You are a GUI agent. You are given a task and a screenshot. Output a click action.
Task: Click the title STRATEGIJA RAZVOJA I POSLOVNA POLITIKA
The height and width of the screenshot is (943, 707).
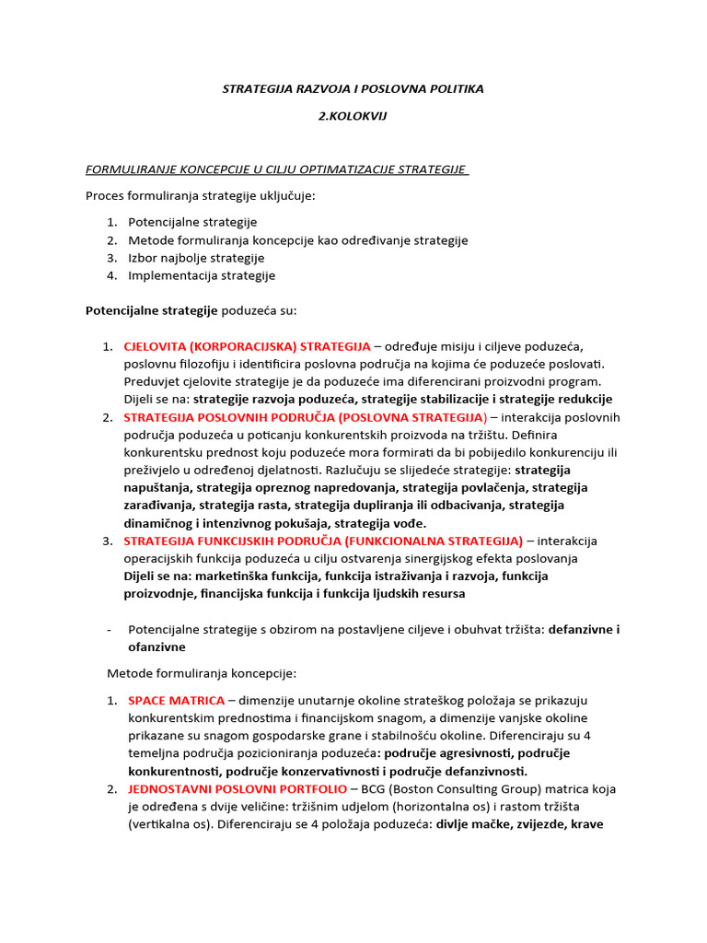pyautogui.click(x=353, y=88)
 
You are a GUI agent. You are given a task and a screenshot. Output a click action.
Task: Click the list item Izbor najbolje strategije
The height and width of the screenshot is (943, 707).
pyautogui.click(x=196, y=258)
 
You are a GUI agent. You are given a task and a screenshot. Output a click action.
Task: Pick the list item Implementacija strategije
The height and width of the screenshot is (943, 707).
pyautogui.click(x=202, y=275)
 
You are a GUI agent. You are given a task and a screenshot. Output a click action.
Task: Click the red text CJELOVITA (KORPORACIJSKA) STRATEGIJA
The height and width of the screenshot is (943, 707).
pyautogui.click(x=247, y=346)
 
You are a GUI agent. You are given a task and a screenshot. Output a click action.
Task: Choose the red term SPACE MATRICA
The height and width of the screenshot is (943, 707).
pyautogui.click(x=176, y=701)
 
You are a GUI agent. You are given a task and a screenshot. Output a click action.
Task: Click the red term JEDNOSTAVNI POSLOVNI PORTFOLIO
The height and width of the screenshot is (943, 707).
pyautogui.click(x=238, y=789)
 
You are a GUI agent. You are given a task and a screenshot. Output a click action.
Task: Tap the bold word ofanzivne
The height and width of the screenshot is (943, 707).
pyautogui.click(x=155, y=647)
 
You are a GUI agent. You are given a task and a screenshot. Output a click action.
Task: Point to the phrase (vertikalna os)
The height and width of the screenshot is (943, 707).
pyautogui.click(x=163, y=824)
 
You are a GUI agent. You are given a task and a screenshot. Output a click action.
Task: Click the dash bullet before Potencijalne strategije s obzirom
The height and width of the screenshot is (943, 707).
pyautogui.click(x=110, y=630)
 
